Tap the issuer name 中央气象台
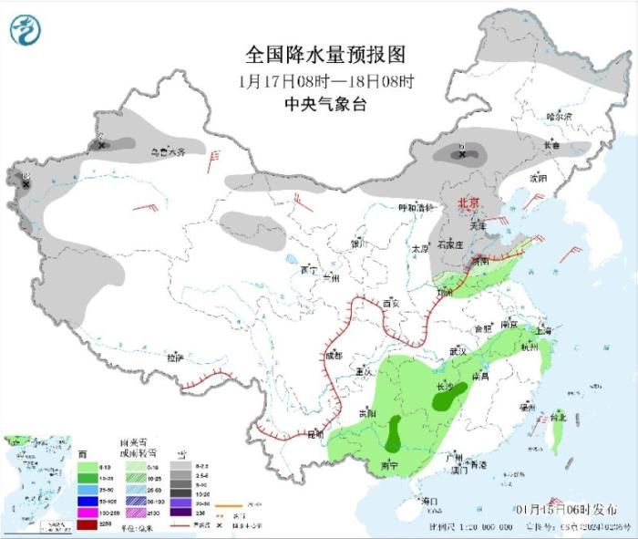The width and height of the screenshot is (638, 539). click(x=325, y=104)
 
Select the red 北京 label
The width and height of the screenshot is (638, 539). click(x=467, y=202)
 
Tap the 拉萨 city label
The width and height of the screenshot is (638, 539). click(x=175, y=358)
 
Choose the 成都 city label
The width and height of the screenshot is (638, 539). click(x=335, y=356)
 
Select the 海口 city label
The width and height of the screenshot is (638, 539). click(x=431, y=501)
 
